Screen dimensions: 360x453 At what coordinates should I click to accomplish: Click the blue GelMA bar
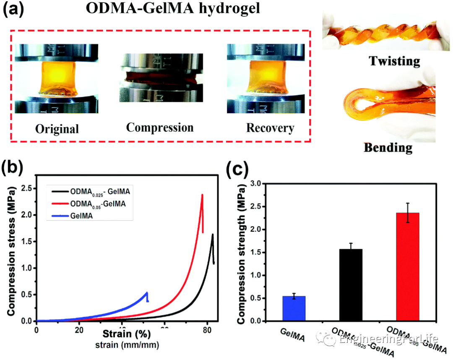[294, 308]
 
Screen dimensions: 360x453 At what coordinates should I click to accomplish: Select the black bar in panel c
[351, 285]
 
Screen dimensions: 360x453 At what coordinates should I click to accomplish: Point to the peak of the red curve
[202, 195]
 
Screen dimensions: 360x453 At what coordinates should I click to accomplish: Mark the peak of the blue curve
[147, 292]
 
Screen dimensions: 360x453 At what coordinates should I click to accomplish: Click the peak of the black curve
[212, 235]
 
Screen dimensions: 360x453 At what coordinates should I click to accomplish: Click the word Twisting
[394, 61]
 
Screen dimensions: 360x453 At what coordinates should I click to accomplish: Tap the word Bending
[388, 148]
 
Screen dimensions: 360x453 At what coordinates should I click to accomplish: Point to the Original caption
[57, 128]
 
